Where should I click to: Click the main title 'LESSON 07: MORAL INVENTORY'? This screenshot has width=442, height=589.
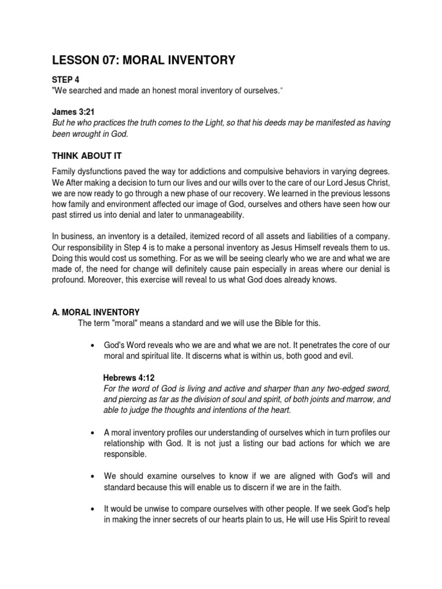click(143, 60)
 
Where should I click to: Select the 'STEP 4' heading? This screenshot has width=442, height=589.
click(66, 81)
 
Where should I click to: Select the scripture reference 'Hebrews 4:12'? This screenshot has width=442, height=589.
click(129, 377)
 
